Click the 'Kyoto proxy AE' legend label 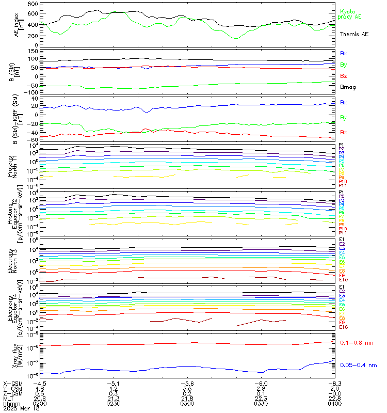pyautogui.click(x=350, y=14)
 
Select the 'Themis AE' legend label pyautogui.click(x=354, y=34)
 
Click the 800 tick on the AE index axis pyautogui.click(x=32, y=4)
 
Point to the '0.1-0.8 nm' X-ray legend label pyautogui.click(x=357, y=343)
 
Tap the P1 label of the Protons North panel pyautogui.click(x=342, y=146)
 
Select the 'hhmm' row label pyautogui.click(x=10, y=402)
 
